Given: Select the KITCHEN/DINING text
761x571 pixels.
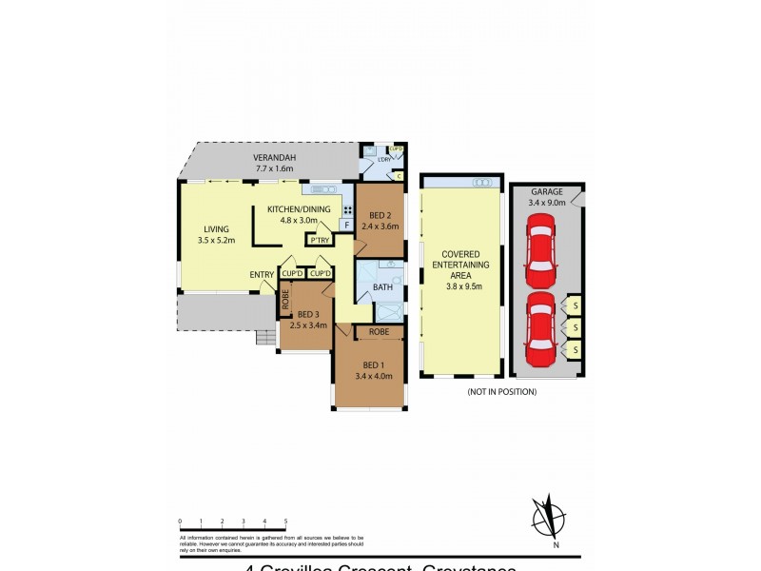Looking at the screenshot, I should (299, 209).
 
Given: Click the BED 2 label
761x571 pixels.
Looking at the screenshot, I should (380, 215).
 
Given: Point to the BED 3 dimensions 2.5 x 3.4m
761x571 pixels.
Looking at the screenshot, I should (309, 325).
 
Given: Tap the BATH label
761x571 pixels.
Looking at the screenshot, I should (382, 286).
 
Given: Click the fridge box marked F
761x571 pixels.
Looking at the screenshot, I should (347, 226).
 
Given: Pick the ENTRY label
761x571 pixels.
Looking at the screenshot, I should (262, 275).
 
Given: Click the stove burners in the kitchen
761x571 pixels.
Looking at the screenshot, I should (348, 209).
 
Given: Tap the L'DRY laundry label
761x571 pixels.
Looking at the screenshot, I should (385, 159).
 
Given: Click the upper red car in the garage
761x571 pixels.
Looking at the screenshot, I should (539, 250).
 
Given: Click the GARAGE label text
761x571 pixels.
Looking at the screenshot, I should (547, 191).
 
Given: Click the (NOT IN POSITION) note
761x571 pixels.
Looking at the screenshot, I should (501, 391).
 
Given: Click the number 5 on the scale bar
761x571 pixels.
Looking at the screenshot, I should (285, 522).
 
